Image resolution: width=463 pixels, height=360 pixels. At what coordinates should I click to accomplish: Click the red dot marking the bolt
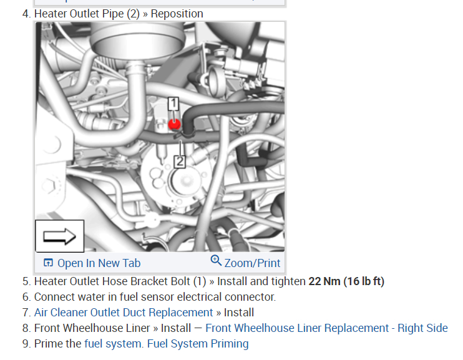pyautogui.click(x=174, y=124)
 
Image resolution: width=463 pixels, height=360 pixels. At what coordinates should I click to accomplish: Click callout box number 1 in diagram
pyautogui.click(x=173, y=104)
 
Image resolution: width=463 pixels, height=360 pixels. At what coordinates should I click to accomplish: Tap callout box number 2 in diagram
pyautogui.click(x=180, y=162)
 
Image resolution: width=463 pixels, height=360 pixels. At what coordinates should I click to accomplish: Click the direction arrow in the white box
pyautogui.click(x=59, y=236)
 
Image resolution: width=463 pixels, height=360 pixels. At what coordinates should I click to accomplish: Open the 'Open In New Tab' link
pyautogui.click(x=99, y=263)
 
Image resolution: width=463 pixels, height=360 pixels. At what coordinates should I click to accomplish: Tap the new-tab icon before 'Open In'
pyautogui.click(x=48, y=263)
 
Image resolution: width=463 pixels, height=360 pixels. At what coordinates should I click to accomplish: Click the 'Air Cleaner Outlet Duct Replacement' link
pyautogui.click(x=124, y=312)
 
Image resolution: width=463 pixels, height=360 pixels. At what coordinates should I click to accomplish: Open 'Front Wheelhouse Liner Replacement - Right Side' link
pyautogui.click(x=326, y=328)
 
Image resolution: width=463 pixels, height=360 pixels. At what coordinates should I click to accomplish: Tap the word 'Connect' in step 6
pyautogui.click(x=54, y=296)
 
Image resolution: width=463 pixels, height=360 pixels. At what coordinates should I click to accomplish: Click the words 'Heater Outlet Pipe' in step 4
pyautogui.click(x=78, y=13)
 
